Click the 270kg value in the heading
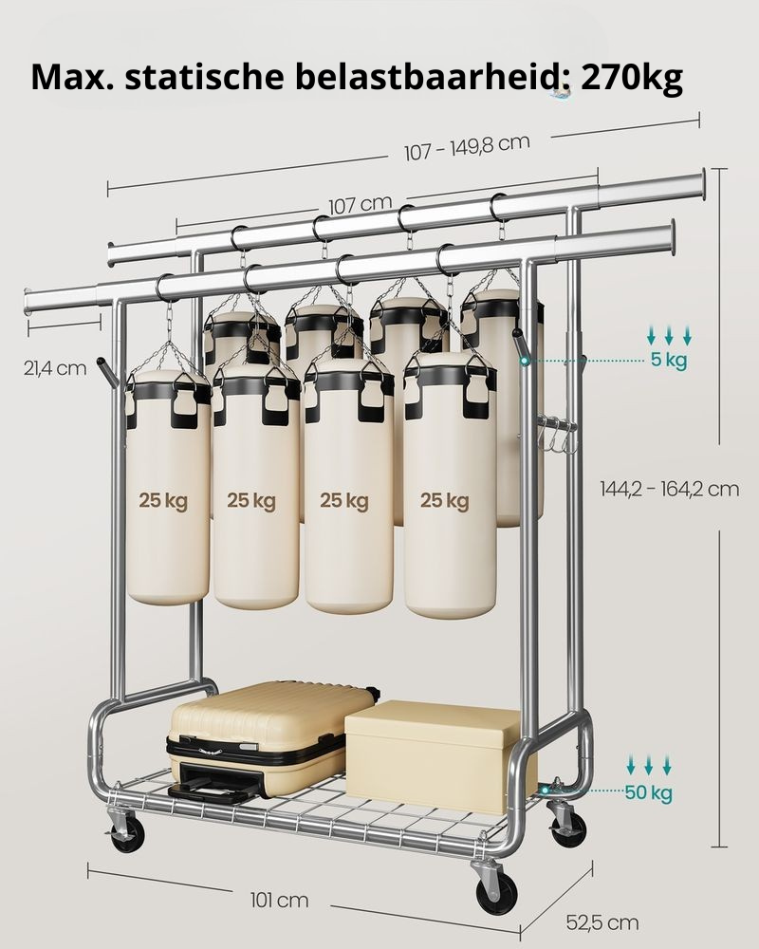(x=632, y=77)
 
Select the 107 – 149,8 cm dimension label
(x=467, y=147)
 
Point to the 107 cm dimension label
(x=361, y=204)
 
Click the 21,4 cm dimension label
(x=55, y=367)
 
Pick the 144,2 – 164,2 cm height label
(x=670, y=489)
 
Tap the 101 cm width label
(x=280, y=900)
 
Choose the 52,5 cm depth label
(x=602, y=922)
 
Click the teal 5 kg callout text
(x=669, y=360)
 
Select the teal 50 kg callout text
(x=648, y=791)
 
